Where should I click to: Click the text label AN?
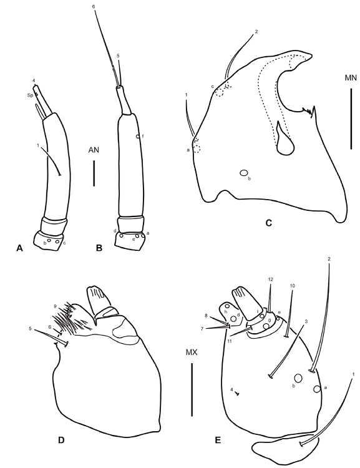pos(94,150)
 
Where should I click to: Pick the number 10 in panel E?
pos(291,286)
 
